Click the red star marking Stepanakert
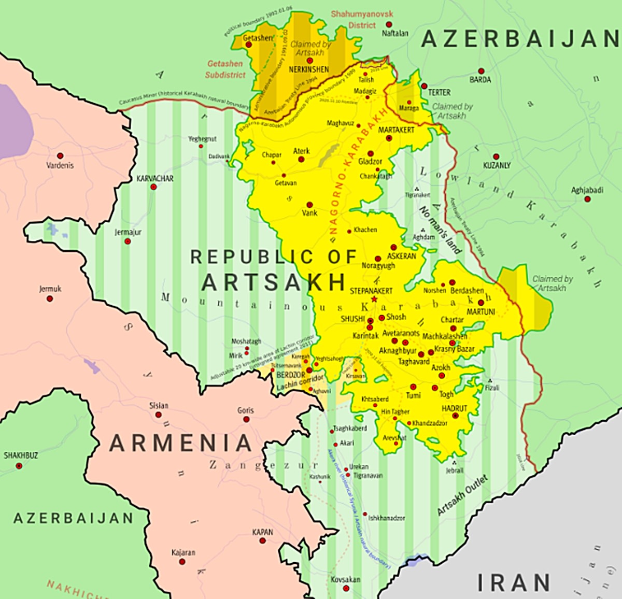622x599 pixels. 374,299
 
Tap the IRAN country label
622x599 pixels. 513,582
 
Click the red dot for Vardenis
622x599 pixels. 60,156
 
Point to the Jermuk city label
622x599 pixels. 50,289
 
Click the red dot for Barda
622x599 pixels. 481,71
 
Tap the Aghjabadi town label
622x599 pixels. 587,190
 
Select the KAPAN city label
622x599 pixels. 262,532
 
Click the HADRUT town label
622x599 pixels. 454,408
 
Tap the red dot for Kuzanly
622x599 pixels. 496,156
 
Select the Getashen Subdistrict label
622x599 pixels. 225,69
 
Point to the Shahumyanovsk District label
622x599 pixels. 362,20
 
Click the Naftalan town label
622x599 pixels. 394,33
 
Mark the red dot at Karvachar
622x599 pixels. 153,187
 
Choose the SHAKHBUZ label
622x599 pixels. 21,455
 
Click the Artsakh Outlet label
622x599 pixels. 462,495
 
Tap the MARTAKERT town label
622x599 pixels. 396,130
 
